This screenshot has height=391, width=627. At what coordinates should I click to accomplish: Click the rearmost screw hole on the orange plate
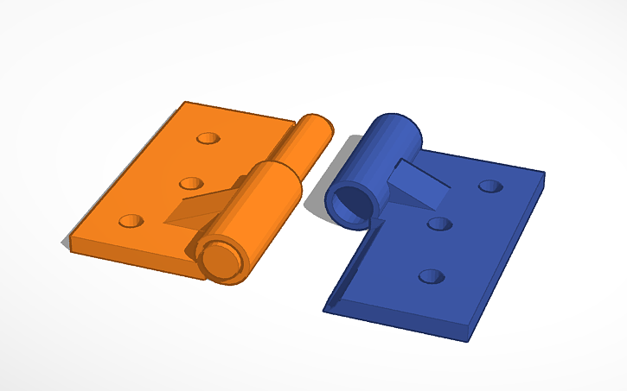[208, 138]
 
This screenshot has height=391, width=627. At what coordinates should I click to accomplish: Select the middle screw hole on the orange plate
[191, 183]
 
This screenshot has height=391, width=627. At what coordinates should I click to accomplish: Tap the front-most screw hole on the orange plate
[131, 221]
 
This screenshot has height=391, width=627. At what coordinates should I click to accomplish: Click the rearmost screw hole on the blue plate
[490, 186]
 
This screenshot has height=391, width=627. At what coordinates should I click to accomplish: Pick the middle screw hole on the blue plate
[440, 224]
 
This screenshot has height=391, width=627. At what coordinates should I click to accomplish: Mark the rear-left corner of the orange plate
[184, 103]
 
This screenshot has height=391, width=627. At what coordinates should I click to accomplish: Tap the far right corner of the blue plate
[544, 174]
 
